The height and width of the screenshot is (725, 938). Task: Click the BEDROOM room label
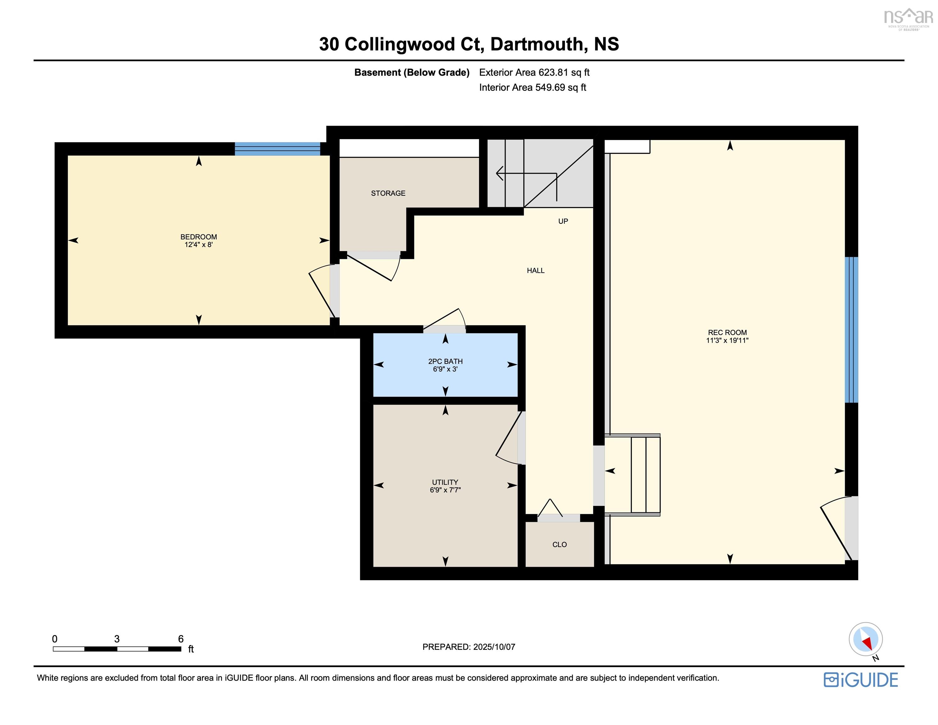pyautogui.click(x=198, y=237)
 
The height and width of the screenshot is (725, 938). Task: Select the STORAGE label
pyautogui.click(x=388, y=194)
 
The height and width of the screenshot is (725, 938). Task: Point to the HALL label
pyautogui.click(x=536, y=270)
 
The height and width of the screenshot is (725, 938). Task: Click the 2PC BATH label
pyautogui.click(x=445, y=362)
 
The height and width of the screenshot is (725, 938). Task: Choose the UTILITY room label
pyautogui.click(x=445, y=482)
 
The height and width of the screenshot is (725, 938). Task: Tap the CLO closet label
pyautogui.click(x=560, y=544)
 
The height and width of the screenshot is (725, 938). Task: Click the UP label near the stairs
pyautogui.click(x=563, y=221)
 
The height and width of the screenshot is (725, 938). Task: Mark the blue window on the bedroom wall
pyautogui.click(x=277, y=149)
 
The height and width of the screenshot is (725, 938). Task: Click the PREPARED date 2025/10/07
pyautogui.click(x=494, y=647)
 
